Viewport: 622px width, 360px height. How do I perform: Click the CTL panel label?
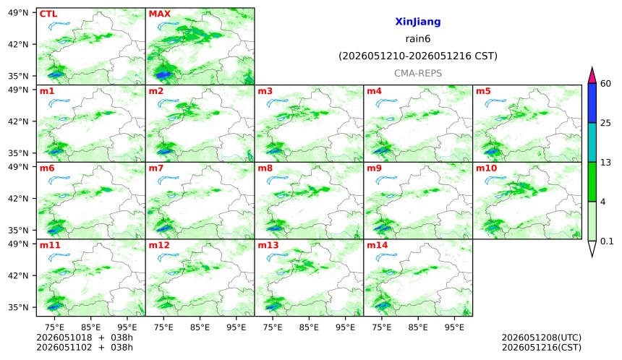[48, 14]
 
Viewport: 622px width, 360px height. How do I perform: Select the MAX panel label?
[159, 14]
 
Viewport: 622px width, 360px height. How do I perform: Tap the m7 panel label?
[156, 168]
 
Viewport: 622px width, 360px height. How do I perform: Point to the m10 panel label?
[486, 168]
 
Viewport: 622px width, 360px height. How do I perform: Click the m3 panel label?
[265, 91]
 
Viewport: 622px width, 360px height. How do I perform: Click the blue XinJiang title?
[418, 22]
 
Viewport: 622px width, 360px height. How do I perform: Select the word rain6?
[418, 39]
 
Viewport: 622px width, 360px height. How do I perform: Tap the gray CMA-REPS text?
[418, 73]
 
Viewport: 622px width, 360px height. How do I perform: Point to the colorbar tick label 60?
[606, 83]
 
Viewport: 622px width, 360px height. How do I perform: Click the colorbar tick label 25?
[606, 123]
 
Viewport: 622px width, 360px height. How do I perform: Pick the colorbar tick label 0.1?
[607, 241]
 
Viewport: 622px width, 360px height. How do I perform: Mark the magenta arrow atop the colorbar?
[592, 76]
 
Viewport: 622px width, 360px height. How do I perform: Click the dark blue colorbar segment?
[592, 103]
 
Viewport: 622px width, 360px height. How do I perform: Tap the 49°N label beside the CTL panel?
[18, 13]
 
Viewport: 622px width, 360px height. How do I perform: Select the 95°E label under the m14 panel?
[454, 327]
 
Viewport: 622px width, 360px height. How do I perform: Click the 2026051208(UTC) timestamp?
[542, 338]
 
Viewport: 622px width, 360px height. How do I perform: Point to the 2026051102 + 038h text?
[85, 348]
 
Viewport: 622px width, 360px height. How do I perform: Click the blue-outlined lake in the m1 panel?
[59, 103]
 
